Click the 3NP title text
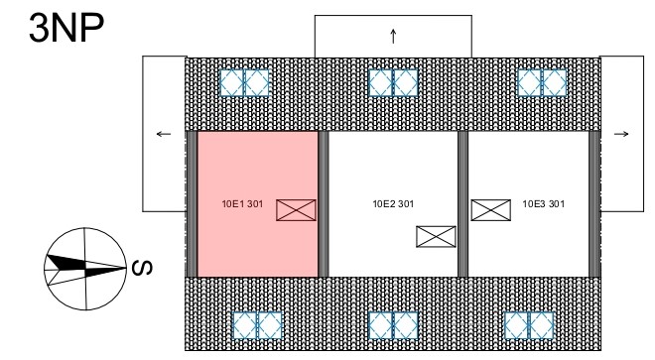click(x=66, y=28)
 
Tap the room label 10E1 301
click(x=242, y=204)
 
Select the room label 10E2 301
click(x=393, y=204)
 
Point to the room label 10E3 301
click(x=544, y=204)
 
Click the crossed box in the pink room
click(x=296, y=210)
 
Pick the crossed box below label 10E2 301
click(x=436, y=236)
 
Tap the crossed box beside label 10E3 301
click(x=491, y=210)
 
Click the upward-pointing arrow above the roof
click(x=393, y=36)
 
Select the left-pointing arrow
click(x=164, y=134)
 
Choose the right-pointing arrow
click(x=621, y=134)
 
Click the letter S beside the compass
click(x=142, y=268)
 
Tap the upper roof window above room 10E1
click(x=244, y=82)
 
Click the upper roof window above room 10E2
click(x=394, y=82)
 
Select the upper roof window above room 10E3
click(x=542, y=82)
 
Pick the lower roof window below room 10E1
click(x=257, y=325)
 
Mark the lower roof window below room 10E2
click(x=394, y=325)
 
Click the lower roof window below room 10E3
click(x=529, y=325)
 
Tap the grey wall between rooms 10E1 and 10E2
click(x=324, y=204)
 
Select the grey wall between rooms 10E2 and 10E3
click(x=462, y=204)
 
